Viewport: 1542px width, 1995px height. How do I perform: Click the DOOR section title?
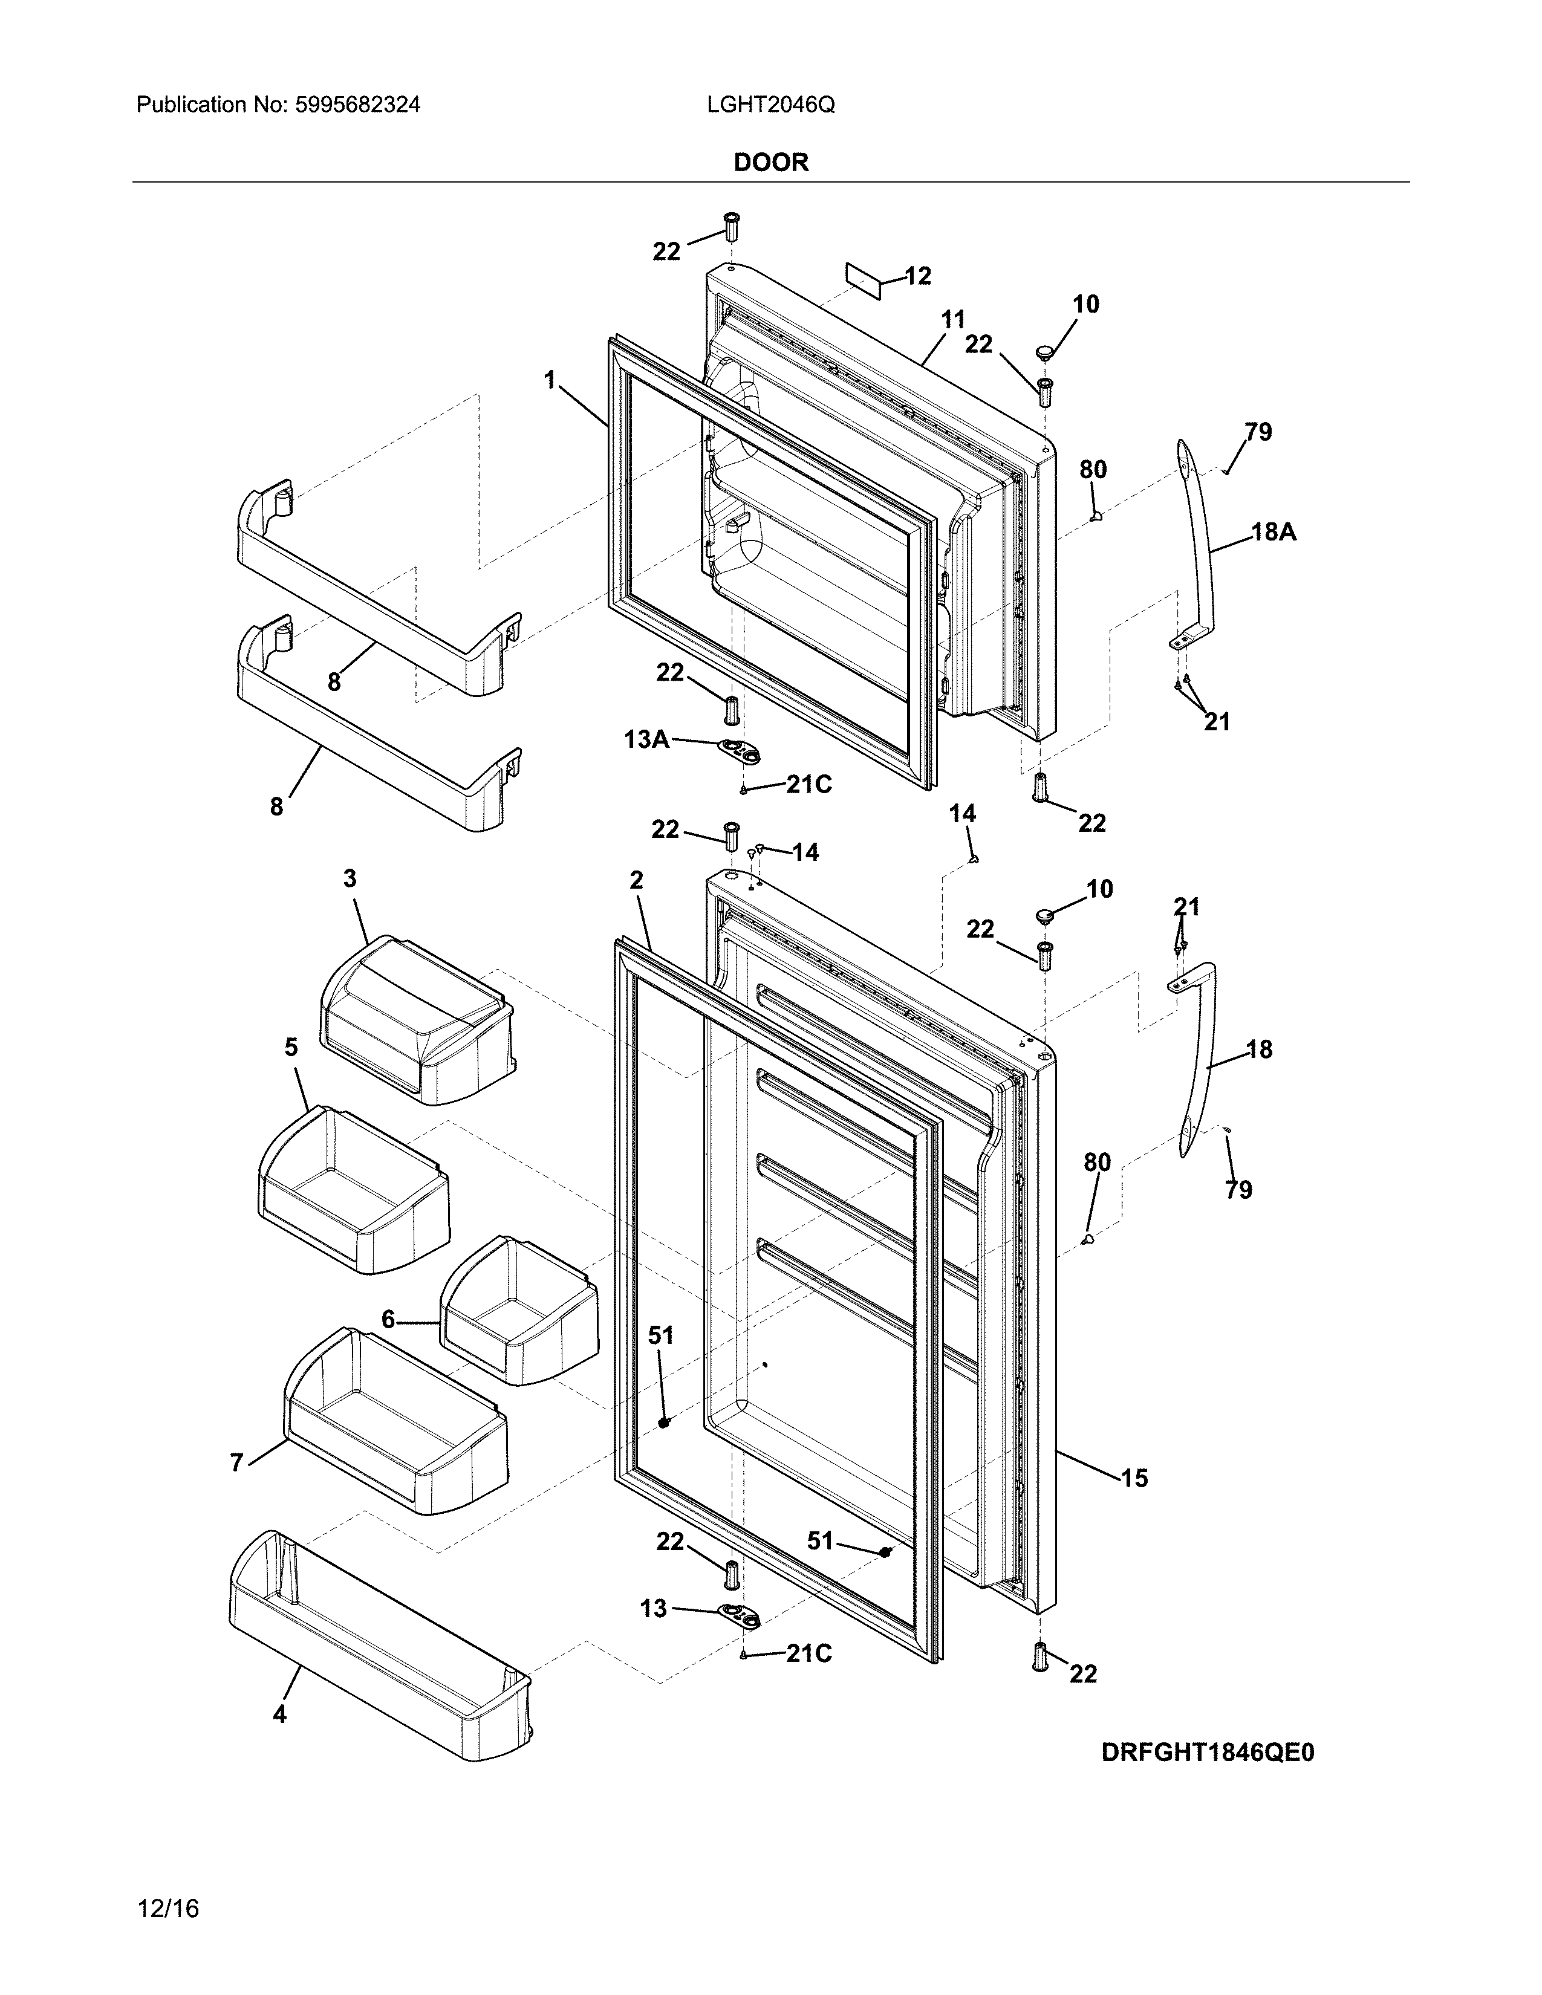click(771, 163)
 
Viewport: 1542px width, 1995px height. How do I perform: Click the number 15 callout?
click(1134, 1478)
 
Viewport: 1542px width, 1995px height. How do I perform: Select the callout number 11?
click(953, 320)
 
